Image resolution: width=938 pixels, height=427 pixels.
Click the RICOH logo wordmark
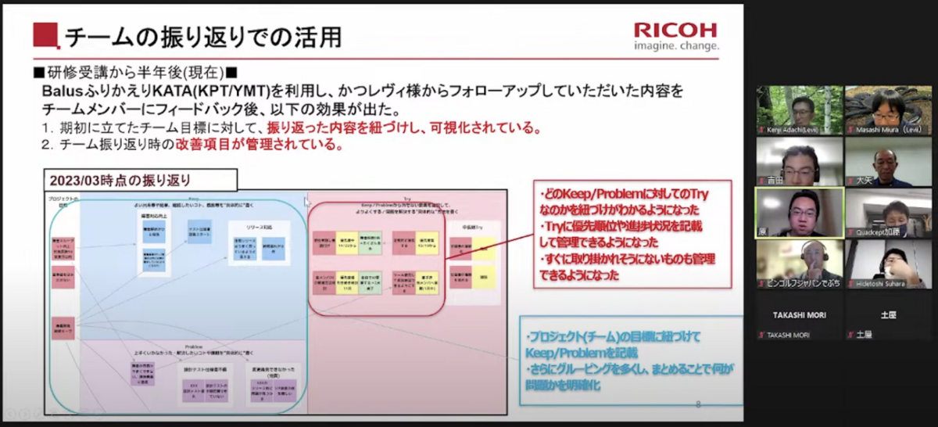675,30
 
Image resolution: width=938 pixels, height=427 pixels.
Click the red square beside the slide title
46,35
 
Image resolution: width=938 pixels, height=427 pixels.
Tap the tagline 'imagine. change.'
676,46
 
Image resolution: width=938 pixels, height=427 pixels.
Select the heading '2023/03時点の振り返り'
120,180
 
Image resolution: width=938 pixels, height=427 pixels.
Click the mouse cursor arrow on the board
307,202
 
